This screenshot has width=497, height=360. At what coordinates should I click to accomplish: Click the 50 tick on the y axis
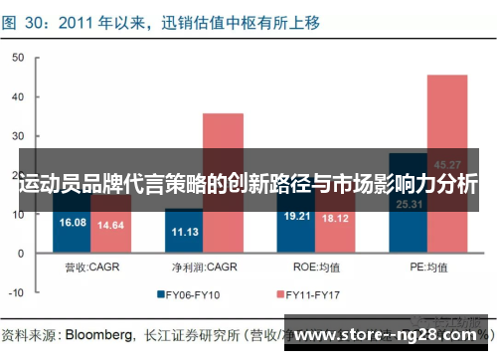pos(17,58)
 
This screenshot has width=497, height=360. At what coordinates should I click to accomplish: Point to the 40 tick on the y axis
pos(17,96)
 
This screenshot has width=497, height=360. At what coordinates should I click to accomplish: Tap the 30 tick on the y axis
pos(17,136)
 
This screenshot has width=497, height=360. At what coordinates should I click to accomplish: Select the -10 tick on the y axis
pos(15,293)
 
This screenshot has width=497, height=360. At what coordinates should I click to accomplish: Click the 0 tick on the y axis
pos(20,254)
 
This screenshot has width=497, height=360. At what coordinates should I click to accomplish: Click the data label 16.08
pos(73,223)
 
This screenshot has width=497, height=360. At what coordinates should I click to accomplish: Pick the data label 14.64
pos(110,226)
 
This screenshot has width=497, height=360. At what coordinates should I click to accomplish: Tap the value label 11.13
pos(184,232)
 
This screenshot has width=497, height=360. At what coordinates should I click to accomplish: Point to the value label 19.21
pos(296,215)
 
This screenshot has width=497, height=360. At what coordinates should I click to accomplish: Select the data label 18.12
pos(334,218)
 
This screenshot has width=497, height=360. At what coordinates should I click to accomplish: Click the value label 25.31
pos(408,205)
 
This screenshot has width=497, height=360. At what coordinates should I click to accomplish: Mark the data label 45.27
pos(446,165)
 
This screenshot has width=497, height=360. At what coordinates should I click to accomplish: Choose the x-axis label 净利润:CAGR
pos(203,267)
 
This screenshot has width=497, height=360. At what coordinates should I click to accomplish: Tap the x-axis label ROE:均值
pos(315,267)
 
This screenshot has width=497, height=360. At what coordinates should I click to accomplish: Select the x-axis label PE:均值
pos(427,267)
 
